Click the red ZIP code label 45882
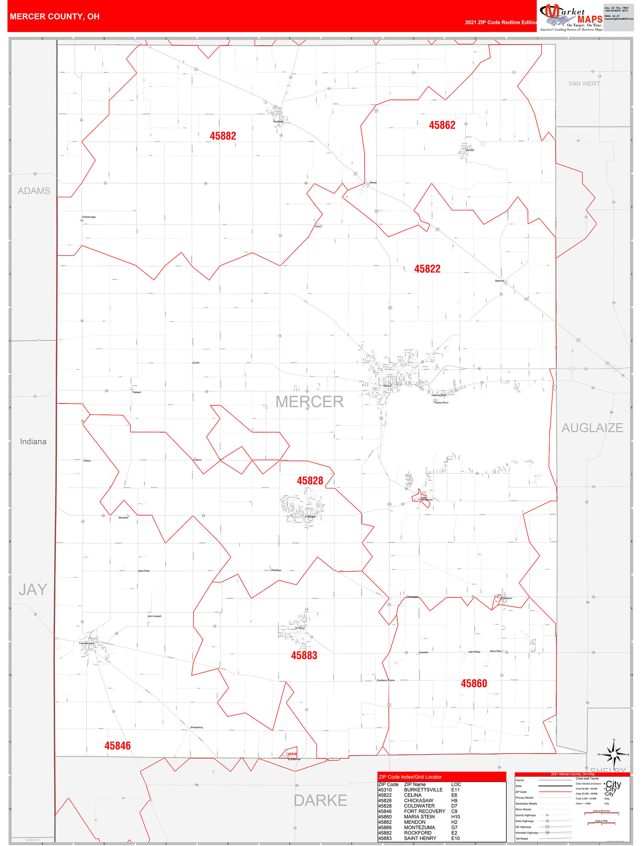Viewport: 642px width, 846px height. coord(222,136)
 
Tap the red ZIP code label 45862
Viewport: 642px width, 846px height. coord(442,125)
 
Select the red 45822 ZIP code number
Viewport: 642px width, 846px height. coord(427,269)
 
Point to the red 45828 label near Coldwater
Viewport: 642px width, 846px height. coord(310,481)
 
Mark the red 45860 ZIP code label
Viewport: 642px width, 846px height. coord(474,683)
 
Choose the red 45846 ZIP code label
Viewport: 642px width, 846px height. coord(117,745)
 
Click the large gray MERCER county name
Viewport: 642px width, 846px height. coord(309,402)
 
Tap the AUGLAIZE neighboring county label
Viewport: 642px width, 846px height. coord(592,428)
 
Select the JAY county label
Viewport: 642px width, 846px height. coord(33,589)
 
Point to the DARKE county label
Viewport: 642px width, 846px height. coord(320,800)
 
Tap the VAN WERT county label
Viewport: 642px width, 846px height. coord(583,83)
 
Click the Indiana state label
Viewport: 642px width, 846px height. coord(33,441)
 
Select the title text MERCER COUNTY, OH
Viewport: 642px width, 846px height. coord(55,17)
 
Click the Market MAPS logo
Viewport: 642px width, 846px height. coord(571,17)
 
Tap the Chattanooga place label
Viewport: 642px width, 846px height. coord(89,217)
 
